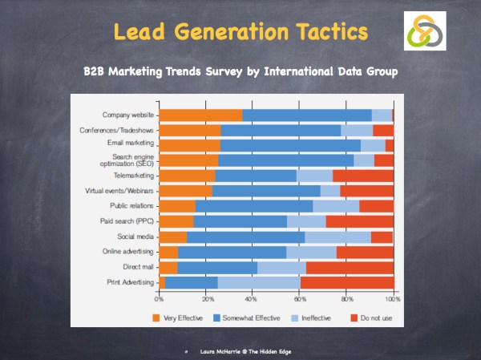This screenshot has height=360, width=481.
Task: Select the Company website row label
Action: [x=127, y=115]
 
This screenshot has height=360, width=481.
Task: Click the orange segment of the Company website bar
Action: [x=200, y=115]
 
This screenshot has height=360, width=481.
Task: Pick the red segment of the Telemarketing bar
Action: [x=362, y=176]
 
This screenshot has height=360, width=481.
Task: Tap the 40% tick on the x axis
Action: [x=253, y=298]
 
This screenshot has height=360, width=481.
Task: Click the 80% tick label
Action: [x=346, y=298]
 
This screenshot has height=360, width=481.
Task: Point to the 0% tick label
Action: [x=159, y=298]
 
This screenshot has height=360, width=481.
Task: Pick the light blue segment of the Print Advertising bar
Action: [x=258, y=282]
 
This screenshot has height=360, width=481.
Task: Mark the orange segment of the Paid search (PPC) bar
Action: [x=176, y=221]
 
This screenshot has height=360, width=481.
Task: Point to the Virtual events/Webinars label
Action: [x=119, y=191]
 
